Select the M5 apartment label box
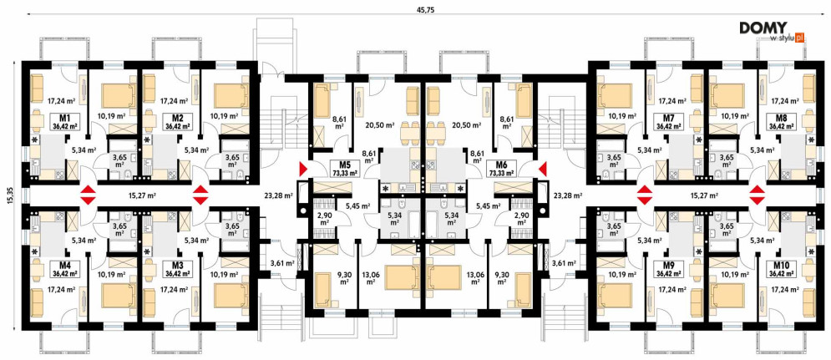(344, 169)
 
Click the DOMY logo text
(763, 28)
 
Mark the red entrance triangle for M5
(303, 169)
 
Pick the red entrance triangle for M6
(543, 169)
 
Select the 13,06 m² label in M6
(469, 278)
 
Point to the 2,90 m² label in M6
(519, 219)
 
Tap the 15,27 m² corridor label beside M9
(704, 195)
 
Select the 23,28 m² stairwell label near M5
(279, 195)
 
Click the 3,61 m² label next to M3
(282, 262)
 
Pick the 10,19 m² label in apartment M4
(112, 275)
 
